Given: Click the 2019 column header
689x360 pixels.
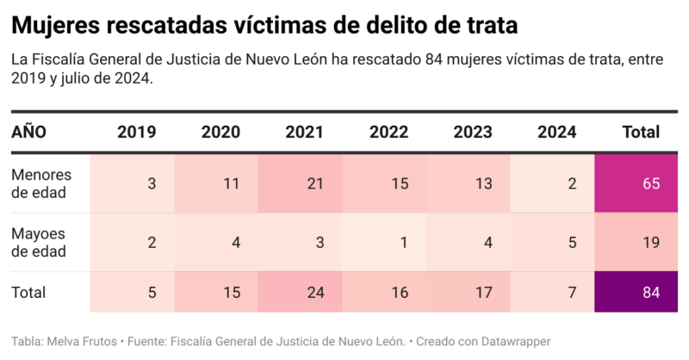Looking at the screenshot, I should point(136,132).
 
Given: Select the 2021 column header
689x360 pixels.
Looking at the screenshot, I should point(304,132).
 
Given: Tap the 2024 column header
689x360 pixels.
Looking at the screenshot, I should point(557,132).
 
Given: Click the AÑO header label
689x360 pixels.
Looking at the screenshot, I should point(29,132).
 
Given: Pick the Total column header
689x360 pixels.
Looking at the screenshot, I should point(640,132).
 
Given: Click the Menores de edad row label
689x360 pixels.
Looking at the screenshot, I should point(41,183).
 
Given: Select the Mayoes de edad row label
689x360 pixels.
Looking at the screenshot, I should point(40,242).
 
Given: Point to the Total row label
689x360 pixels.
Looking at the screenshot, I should point(28,293).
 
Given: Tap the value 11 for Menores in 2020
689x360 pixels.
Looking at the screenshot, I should point(230,183).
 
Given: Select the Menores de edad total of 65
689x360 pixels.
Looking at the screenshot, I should point(650,183).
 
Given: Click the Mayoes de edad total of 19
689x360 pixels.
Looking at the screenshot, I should point(650,242).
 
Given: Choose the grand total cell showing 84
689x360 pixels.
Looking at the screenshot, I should point(650,293).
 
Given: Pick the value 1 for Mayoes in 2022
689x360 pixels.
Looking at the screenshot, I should point(403,242).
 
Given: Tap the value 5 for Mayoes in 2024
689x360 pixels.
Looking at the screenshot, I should point(572,242).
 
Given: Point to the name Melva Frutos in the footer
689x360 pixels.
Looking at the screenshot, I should point(84,341).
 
